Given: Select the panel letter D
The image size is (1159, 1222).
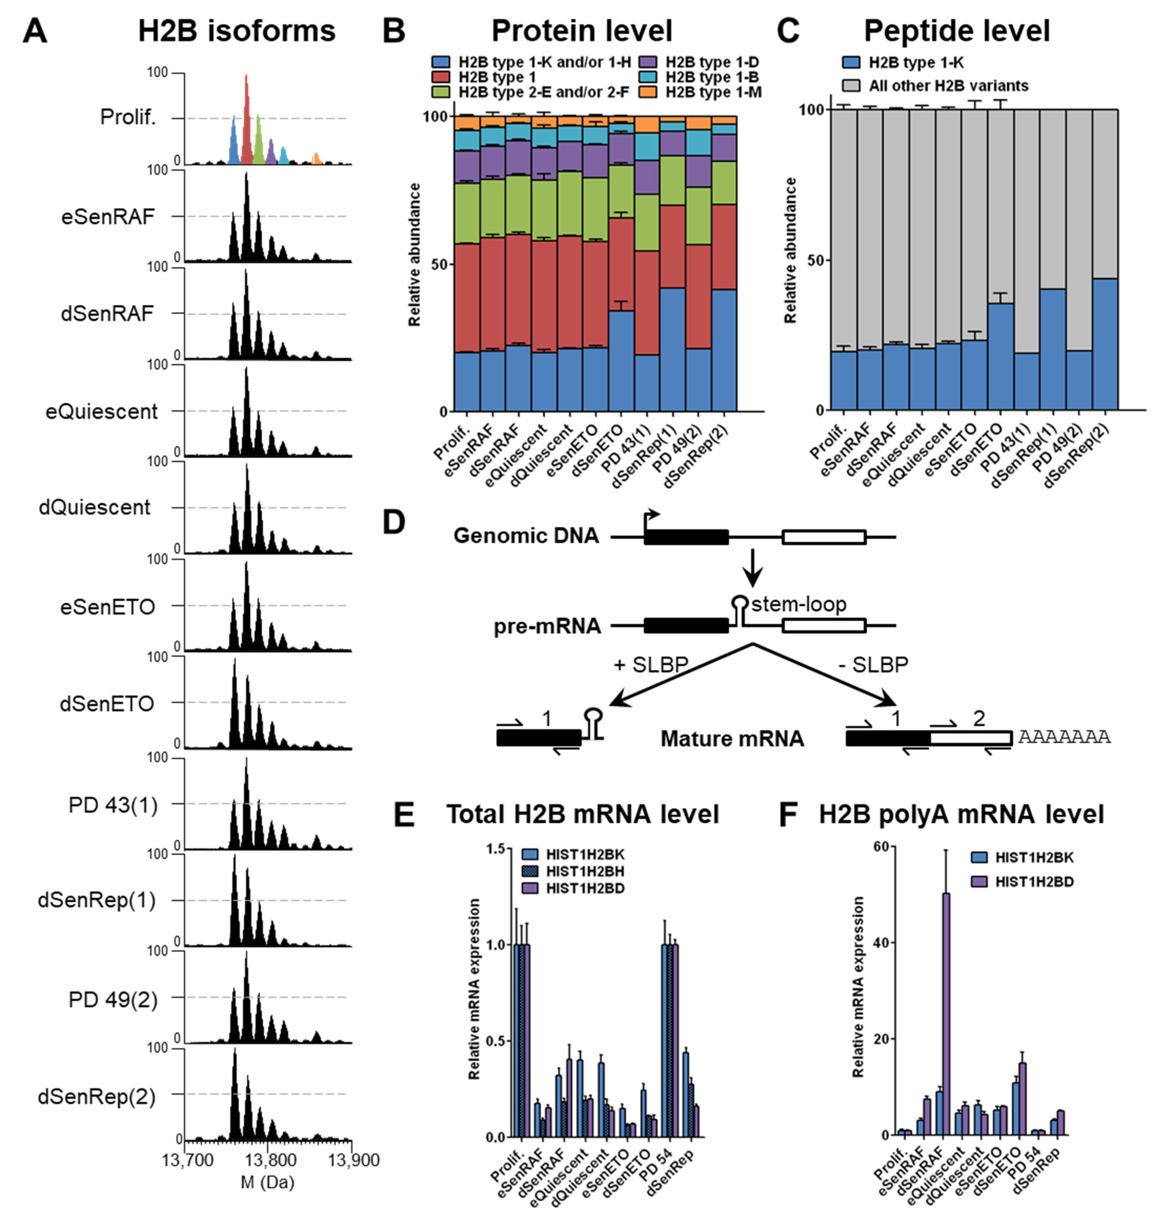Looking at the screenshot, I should click(393, 523).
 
